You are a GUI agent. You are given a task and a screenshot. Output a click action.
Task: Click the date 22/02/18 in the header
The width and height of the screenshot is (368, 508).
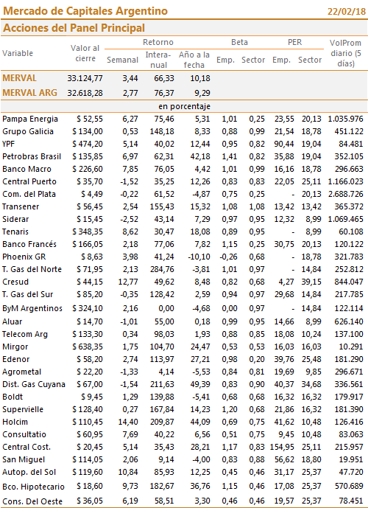(x=347, y=11)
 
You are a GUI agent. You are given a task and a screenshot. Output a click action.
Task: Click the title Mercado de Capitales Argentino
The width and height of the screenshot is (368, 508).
(x=85, y=11)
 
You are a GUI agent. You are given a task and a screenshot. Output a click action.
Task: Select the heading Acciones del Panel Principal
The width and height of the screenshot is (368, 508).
(x=74, y=28)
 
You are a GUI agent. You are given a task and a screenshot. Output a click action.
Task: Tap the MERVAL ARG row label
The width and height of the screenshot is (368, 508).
(x=29, y=93)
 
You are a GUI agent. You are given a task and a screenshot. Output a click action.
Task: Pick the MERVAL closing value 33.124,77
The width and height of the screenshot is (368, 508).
(x=85, y=78)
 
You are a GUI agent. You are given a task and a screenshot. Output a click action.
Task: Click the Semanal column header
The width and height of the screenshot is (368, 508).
(x=123, y=60)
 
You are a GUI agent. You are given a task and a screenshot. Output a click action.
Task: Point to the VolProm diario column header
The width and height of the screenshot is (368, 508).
(x=345, y=53)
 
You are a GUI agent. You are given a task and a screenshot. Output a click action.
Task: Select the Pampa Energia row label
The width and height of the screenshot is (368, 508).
(x=30, y=119)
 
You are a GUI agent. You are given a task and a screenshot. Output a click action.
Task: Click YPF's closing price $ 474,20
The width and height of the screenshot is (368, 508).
(x=88, y=144)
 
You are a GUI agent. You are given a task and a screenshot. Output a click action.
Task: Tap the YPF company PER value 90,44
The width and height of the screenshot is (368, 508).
(x=284, y=144)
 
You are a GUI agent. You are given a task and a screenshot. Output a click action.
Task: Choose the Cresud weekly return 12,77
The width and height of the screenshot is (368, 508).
(x=128, y=282)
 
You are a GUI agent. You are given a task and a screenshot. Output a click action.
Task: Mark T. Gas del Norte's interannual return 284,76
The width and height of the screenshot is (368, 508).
(x=162, y=269)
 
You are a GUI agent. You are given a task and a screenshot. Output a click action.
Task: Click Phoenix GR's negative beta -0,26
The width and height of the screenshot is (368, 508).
(x=228, y=257)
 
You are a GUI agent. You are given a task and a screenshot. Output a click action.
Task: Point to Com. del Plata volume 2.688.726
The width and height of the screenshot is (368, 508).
(x=345, y=194)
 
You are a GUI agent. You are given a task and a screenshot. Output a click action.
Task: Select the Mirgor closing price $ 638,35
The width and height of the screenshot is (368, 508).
(x=88, y=347)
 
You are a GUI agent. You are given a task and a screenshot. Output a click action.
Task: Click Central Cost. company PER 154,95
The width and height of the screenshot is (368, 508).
(x=282, y=447)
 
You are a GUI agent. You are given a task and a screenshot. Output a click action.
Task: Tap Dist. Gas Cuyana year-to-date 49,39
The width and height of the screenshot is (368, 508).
(x=200, y=384)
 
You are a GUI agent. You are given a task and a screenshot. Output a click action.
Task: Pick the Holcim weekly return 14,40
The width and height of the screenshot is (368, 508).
(x=128, y=422)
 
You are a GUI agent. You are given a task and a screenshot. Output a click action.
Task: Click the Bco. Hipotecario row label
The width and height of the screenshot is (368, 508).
(x=33, y=487)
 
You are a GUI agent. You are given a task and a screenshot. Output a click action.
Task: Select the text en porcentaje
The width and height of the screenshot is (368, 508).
(x=184, y=107)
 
